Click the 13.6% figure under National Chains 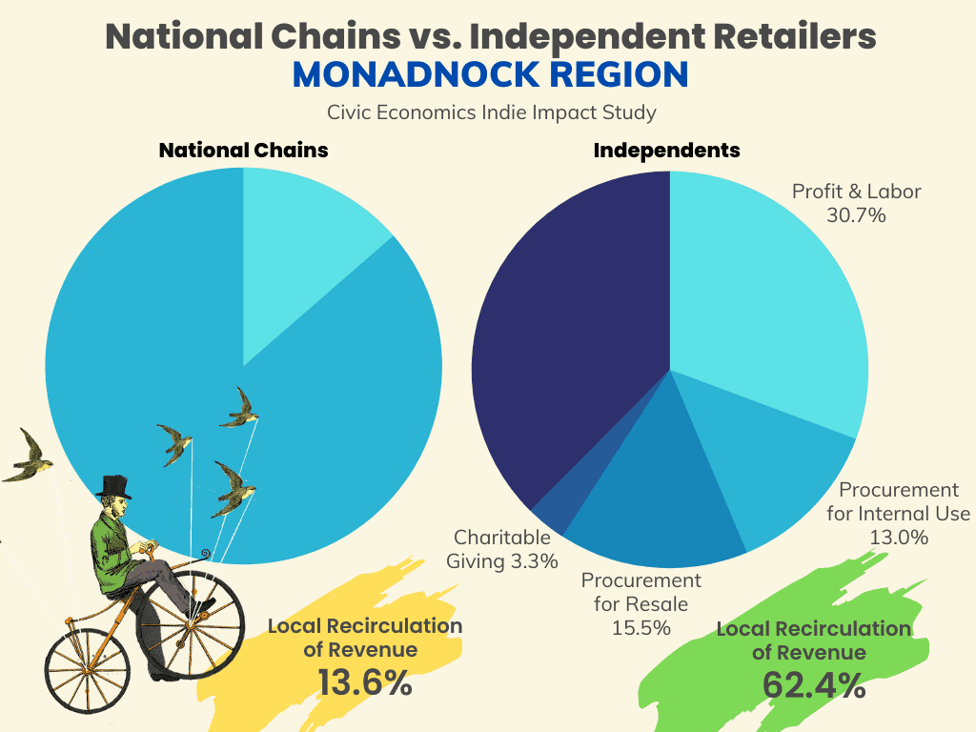(x=366, y=682)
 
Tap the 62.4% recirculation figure (x=814, y=684)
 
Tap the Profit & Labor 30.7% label (x=856, y=203)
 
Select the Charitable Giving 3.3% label (x=502, y=549)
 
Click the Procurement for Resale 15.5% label (x=640, y=604)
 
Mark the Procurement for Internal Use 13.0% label (x=898, y=514)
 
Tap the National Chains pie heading (x=243, y=151)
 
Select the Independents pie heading (x=666, y=151)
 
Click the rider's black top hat (x=114, y=487)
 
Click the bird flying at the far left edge (x=29, y=457)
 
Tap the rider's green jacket (x=112, y=553)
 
